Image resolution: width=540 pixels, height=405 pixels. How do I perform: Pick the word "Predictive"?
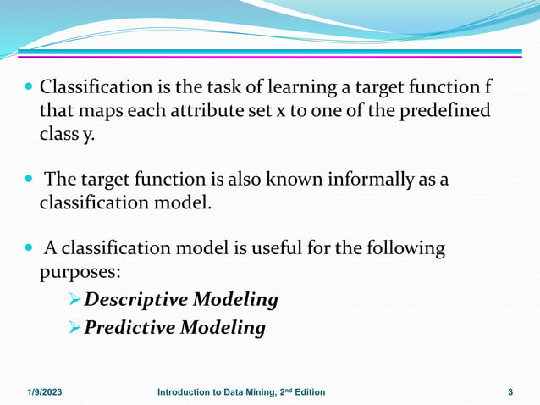[131, 327]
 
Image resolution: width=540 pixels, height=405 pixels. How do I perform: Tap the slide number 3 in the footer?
[510, 391]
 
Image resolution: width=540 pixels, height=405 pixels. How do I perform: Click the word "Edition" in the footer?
[306, 391]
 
